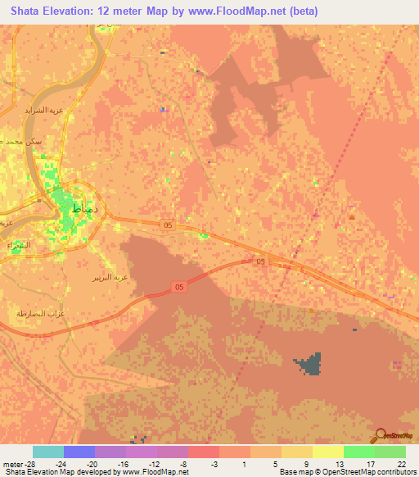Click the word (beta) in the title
pyautogui.click(x=300, y=11)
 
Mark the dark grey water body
pyautogui.click(x=309, y=366)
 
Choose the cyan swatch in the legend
pyautogui.click(x=48, y=452)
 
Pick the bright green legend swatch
pyautogui.click(x=358, y=452)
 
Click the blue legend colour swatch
pyautogui.click(x=79, y=452)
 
